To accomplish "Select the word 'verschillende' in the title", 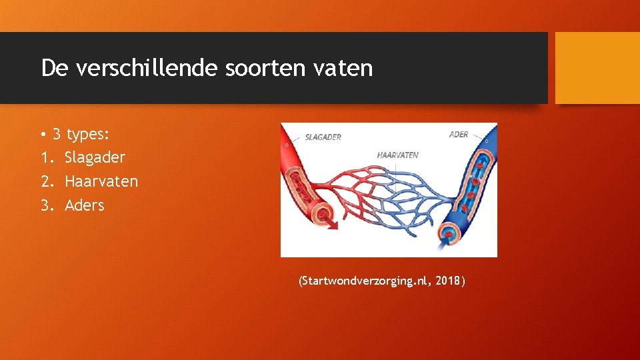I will pyautogui.click(x=144, y=68).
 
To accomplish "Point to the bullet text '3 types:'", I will pyautogui.click(x=81, y=134).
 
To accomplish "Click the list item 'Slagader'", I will pyautogui.click(x=95, y=158).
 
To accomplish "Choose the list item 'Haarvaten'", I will pyautogui.click(x=101, y=181).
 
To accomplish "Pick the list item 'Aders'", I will pyautogui.click(x=85, y=205).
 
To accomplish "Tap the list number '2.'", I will pyautogui.click(x=47, y=181).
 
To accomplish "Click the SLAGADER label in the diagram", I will pyautogui.click(x=323, y=137).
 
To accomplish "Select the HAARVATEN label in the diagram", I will pyautogui.click(x=397, y=155).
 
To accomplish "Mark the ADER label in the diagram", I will pyautogui.click(x=459, y=135).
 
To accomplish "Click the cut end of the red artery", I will pyautogui.click(x=323, y=214).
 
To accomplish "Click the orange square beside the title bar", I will pyautogui.click(x=597, y=68).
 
